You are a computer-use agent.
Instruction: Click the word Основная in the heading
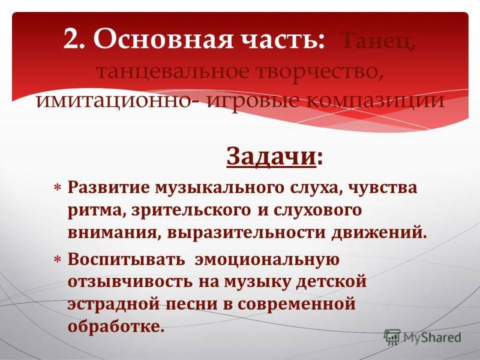161,39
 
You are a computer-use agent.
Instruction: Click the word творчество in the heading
319,73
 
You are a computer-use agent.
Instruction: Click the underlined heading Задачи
271,157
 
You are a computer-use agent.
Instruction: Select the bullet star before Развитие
58,187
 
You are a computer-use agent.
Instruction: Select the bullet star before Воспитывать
58,259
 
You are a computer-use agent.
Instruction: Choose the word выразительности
247,233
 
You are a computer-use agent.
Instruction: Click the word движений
380,233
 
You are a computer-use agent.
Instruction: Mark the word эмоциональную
267,260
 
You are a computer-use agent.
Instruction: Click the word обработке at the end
116,326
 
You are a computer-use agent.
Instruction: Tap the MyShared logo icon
392,337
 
